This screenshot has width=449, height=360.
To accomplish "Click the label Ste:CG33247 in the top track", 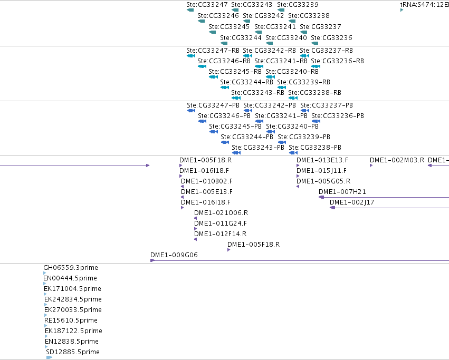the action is pyautogui.click(x=207, y=5).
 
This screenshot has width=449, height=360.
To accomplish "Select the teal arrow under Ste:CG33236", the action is pyautogui.click(x=314, y=43).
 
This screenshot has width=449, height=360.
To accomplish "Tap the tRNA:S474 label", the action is pyautogui.click(x=424, y=5).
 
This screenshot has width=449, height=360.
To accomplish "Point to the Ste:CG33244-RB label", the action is pyautogui.click(x=246, y=82).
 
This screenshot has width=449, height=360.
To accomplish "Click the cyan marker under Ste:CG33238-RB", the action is pyautogui.click(x=293, y=98).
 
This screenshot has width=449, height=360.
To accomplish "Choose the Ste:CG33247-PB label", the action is pyautogui.click(x=213, y=105).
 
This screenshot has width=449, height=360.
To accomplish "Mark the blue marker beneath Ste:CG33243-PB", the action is pyautogui.click(x=236, y=153).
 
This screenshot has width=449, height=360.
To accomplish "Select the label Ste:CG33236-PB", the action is pyautogui.click(x=338, y=116).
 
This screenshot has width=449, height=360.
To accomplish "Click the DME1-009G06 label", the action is pyautogui.click(x=174, y=255).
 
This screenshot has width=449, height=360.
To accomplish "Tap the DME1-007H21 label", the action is pyautogui.click(x=342, y=192).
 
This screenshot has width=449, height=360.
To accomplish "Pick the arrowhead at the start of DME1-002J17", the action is pyautogui.click(x=332, y=208).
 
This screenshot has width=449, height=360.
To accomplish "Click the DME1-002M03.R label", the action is pyautogui.click(x=397, y=160).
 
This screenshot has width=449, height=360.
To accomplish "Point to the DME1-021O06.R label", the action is pyautogui.click(x=221, y=213).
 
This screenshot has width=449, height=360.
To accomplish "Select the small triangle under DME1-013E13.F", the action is pyautogui.click(x=298, y=166).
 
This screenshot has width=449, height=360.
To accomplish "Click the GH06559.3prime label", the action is pyautogui.click(x=71, y=268).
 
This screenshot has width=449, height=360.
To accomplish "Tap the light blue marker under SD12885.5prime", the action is pyautogui.click(x=49, y=357).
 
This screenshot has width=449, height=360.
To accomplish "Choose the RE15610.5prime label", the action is pyautogui.click(x=71, y=320).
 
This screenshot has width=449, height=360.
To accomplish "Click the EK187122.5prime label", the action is pyautogui.click(x=73, y=331).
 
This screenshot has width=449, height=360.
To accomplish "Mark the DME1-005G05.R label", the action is pyautogui.click(x=323, y=181).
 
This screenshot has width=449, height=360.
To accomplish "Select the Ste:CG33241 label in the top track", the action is pyautogui.click(x=275, y=26).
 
